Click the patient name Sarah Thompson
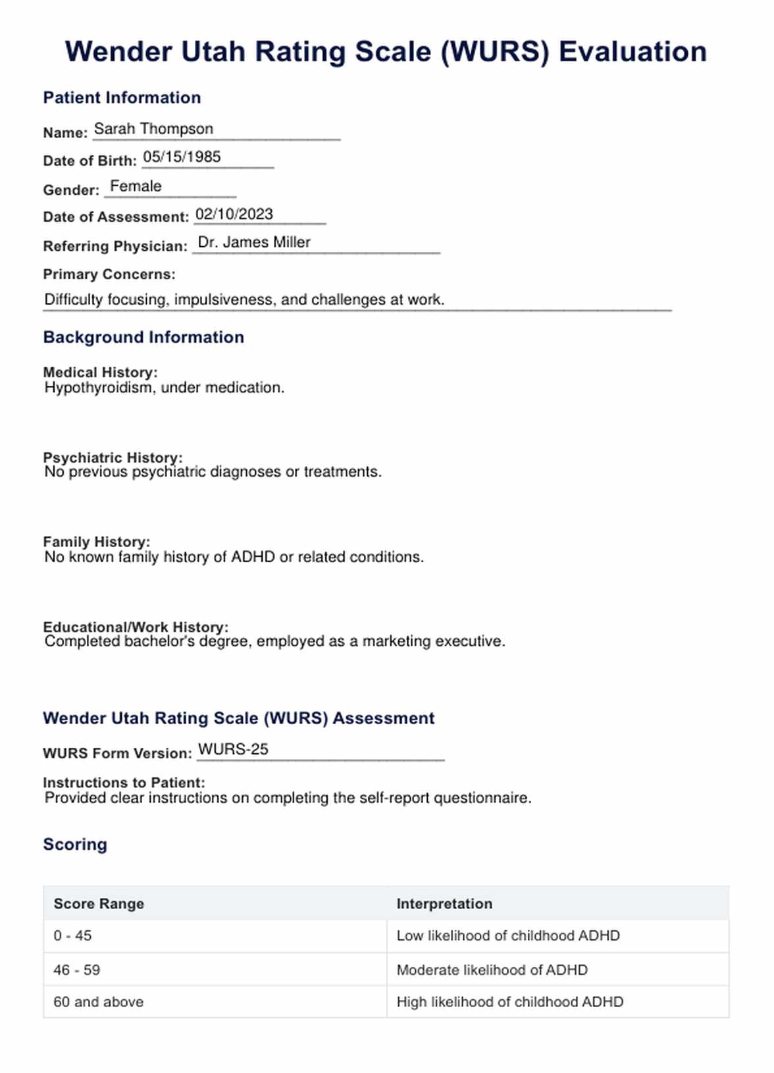pos(153,129)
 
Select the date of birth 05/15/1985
pos(182,157)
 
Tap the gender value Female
pos(136,186)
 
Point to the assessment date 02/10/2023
pos(234,214)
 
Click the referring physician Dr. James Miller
pos(254,242)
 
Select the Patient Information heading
pos(122,97)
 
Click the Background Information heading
pos(143,337)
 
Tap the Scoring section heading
pos(75,845)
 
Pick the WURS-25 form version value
pos(233,749)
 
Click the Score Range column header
pos(99,904)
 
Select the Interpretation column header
pos(444,904)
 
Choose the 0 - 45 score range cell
pos(72,935)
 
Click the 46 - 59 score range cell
pos(77,970)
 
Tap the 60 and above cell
pos(98,1002)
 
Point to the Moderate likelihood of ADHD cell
pos(492,970)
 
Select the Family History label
pos(96,542)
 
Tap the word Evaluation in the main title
pos(632,52)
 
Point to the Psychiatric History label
pos(113,458)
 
